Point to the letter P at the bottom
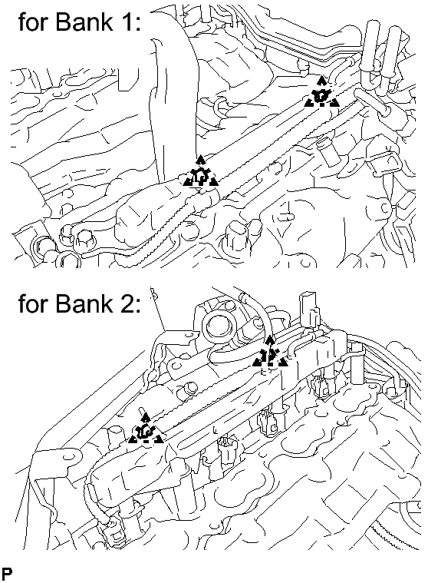[7, 573]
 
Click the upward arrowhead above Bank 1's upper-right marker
[321, 80]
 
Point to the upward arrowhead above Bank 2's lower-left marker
[146, 416]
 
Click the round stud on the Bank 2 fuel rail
[190, 389]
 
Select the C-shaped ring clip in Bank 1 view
[222, 106]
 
